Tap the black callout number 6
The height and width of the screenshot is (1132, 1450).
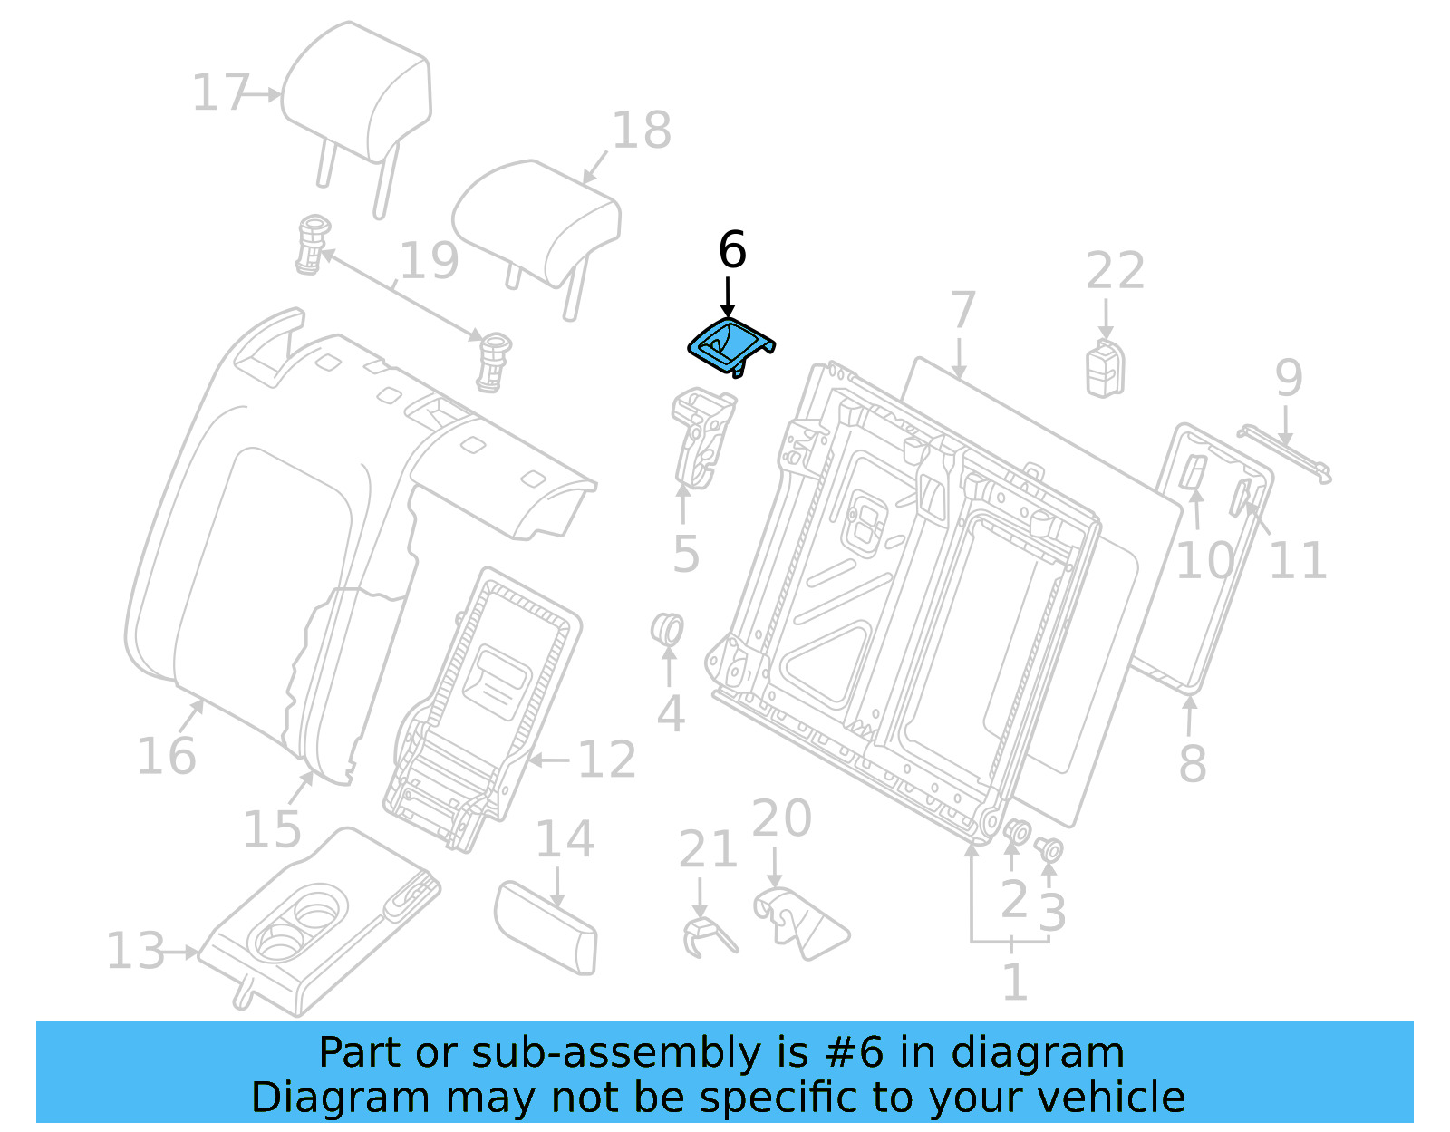732,250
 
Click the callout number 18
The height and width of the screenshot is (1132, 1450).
642,131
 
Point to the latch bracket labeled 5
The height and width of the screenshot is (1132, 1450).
701,435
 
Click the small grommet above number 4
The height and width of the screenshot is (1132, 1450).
668,629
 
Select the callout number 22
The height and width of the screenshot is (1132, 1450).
1115,271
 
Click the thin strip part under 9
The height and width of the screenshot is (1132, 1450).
1285,453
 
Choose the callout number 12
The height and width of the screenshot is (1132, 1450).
606,760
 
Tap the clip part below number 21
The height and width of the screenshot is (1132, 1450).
706,936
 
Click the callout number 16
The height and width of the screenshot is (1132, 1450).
166,756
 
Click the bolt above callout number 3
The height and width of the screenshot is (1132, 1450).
1050,850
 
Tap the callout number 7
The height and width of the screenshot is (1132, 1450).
962,310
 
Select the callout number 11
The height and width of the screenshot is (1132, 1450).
1297,560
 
